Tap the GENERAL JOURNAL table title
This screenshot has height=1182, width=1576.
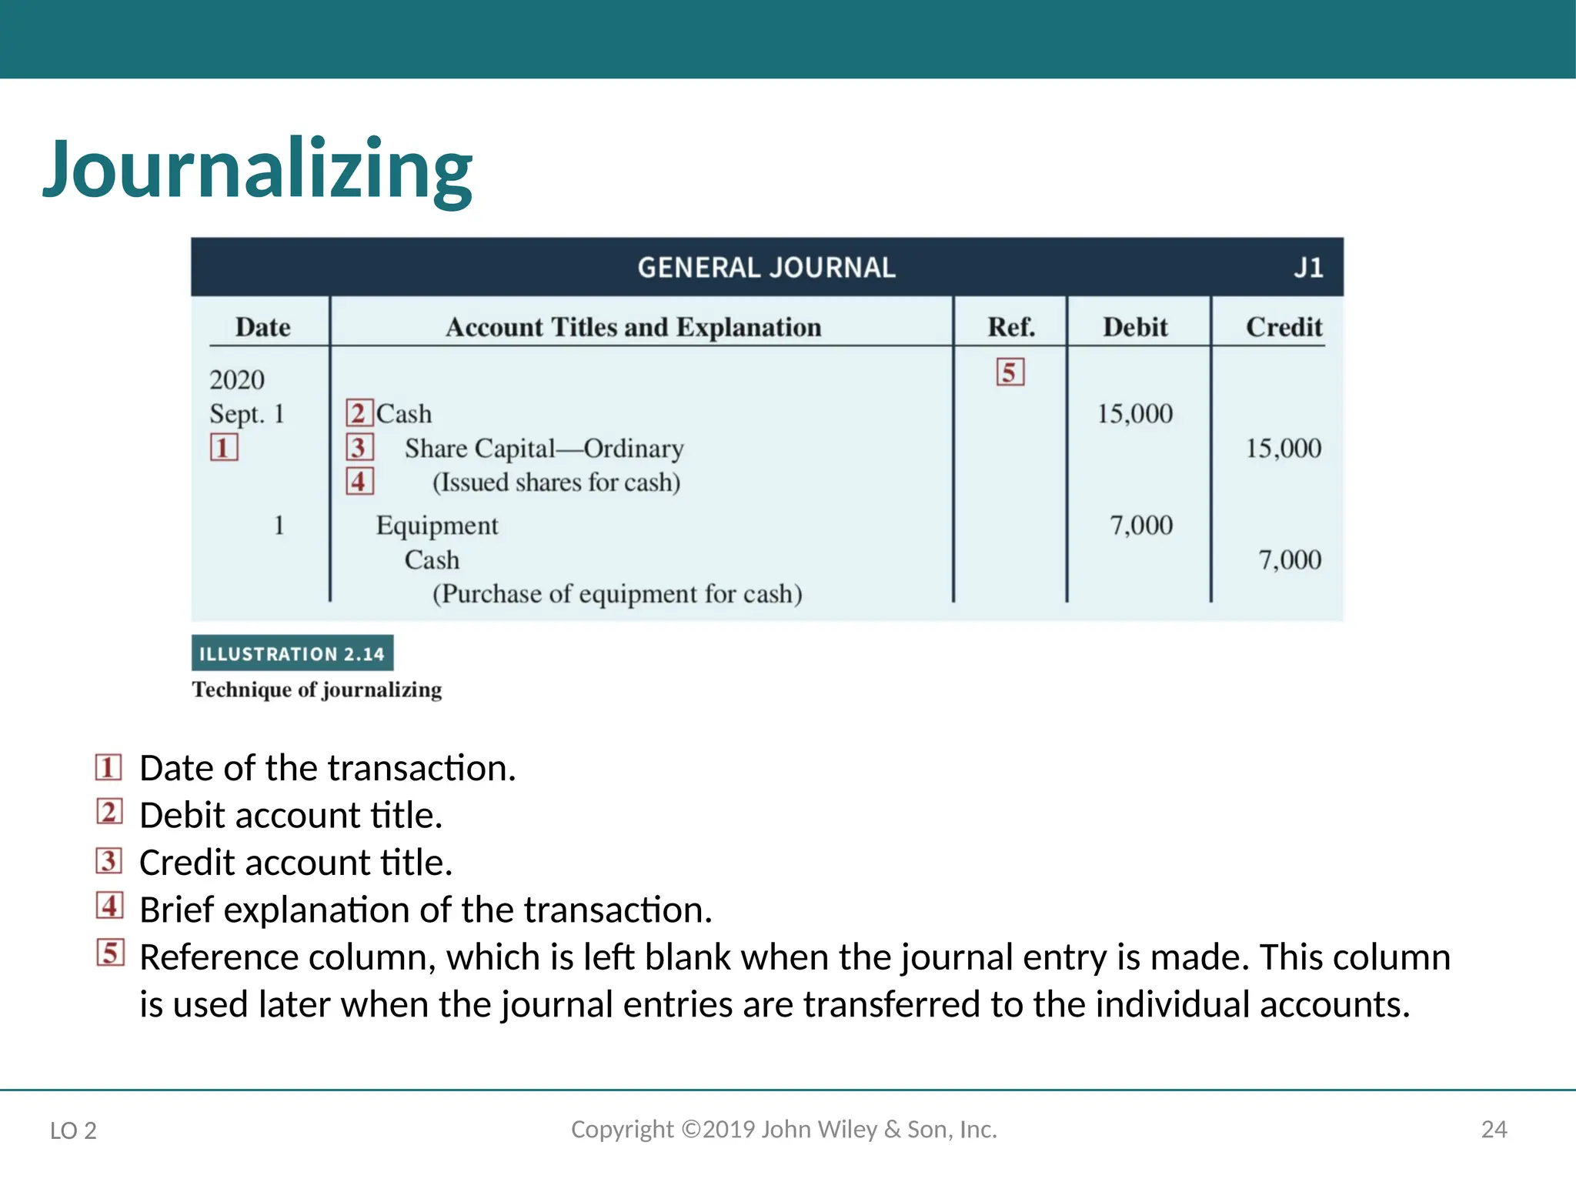pyautogui.click(x=766, y=268)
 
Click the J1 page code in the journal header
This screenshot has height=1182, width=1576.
pyautogui.click(x=1308, y=268)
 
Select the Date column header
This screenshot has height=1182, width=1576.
pyautogui.click(x=262, y=327)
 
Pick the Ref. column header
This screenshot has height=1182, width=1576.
pyautogui.click(x=1011, y=327)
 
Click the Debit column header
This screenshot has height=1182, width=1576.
pyautogui.click(x=1135, y=327)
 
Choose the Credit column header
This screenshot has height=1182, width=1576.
pyautogui.click(x=1284, y=327)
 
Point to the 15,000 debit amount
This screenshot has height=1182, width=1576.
pyautogui.click(x=1134, y=414)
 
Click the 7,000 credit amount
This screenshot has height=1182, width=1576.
pyautogui.click(x=1290, y=559)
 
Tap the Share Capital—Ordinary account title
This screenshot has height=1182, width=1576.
pyautogui.click(x=544, y=449)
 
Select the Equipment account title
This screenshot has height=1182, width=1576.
pyautogui.click(x=437, y=526)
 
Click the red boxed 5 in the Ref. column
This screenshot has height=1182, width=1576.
pyautogui.click(x=1010, y=372)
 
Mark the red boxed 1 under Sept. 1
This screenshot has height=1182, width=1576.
pyautogui.click(x=224, y=447)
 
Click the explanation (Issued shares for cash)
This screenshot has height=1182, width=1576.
pyautogui.click(x=556, y=482)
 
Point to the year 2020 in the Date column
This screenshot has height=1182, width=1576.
pyautogui.click(x=237, y=379)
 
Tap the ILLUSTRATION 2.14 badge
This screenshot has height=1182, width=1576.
pyautogui.click(x=292, y=653)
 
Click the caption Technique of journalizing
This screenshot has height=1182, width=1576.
pyautogui.click(x=317, y=689)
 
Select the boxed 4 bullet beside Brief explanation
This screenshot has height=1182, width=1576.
pyautogui.click(x=109, y=906)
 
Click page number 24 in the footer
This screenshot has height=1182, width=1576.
pyautogui.click(x=1494, y=1129)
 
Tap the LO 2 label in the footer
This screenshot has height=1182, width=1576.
pyautogui.click(x=73, y=1130)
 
